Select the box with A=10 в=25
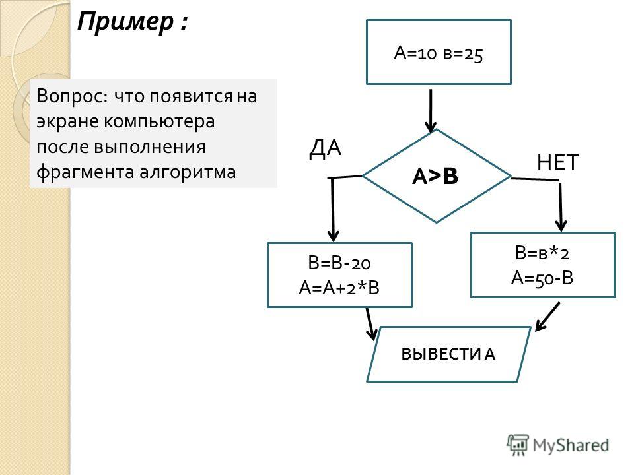click(x=439, y=52)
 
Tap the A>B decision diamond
click(x=437, y=175)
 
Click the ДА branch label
click(x=325, y=148)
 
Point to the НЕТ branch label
click(x=558, y=162)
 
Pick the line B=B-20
click(x=339, y=263)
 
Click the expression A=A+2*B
click(x=339, y=288)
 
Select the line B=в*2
click(x=542, y=253)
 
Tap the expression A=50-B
click(x=542, y=278)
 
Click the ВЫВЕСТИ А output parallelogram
click(x=448, y=354)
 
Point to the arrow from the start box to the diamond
click(x=431, y=111)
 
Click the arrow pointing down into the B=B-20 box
click(x=333, y=209)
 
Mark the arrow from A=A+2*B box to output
click(x=370, y=324)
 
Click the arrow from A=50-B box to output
click(x=547, y=317)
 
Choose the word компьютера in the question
click(x=159, y=121)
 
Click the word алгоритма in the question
click(x=188, y=172)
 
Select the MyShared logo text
click(x=571, y=445)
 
